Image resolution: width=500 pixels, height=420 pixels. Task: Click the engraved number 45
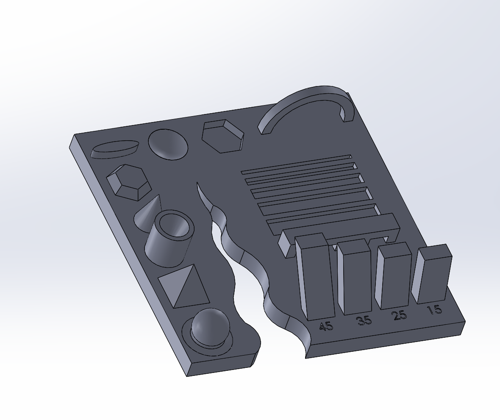click(x=326, y=326)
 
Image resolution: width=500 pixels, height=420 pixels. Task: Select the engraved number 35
click(x=364, y=320)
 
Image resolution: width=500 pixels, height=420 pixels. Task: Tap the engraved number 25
click(x=399, y=315)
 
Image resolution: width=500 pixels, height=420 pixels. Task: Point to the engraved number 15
click(x=434, y=310)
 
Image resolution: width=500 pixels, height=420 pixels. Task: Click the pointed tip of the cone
click(x=159, y=196)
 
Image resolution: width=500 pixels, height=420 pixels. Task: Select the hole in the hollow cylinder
click(x=174, y=224)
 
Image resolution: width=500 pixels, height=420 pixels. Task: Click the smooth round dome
click(x=168, y=144)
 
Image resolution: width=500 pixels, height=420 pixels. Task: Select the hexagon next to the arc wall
click(x=222, y=136)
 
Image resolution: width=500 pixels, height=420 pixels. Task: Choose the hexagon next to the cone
click(x=129, y=182)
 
